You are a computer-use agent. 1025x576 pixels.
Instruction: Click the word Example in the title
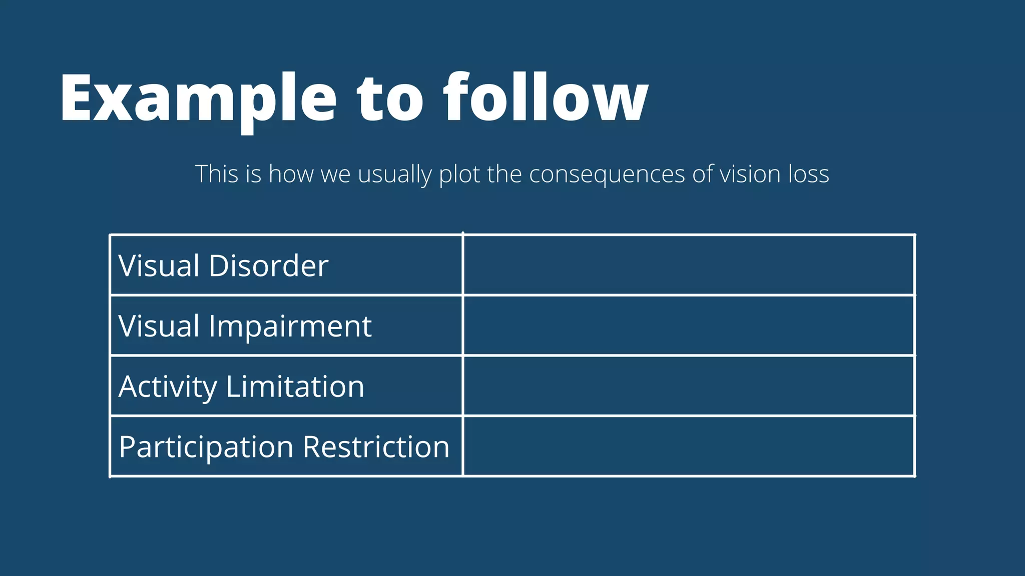pyautogui.click(x=198, y=98)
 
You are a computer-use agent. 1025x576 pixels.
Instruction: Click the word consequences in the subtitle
pyautogui.click(x=607, y=174)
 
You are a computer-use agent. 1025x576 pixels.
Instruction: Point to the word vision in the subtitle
pyautogui.click(x=750, y=174)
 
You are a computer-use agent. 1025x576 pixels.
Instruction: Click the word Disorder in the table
pyautogui.click(x=268, y=265)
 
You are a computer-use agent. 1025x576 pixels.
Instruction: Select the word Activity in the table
pyautogui.click(x=168, y=387)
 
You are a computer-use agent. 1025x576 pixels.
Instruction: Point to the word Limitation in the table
pyautogui.click(x=295, y=386)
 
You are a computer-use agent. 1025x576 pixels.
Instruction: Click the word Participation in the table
pyautogui.click(x=206, y=447)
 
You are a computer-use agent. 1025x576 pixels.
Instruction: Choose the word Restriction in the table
pyautogui.click(x=376, y=446)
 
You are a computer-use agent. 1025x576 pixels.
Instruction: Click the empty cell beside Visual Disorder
pyautogui.click(x=689, y=265)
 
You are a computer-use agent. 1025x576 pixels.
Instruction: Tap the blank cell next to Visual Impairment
pyautogui.click(x=689, y=325)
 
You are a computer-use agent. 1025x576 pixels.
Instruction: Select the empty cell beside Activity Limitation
pyautogui.click(x=689, y=385)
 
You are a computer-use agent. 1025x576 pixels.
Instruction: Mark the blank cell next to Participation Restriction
pyautogui.click(x=689, y=446)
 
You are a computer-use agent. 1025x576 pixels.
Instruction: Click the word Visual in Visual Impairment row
pyautogui.click(x=159, y=326)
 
